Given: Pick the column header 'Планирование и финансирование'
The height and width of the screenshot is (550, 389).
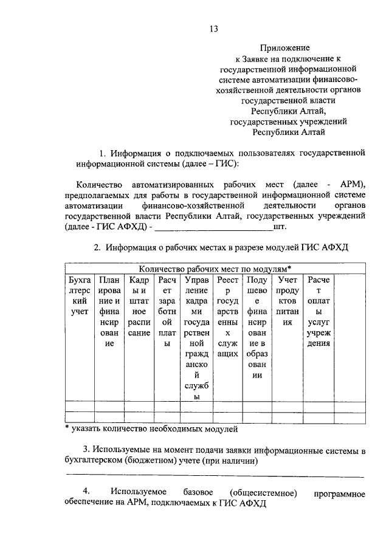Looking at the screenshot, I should [x=109, y=312].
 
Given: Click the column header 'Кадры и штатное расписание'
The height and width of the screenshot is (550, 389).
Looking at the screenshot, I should [x=139, y=307].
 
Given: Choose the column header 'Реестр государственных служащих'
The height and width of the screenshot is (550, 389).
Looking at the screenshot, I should [x=227, y=317].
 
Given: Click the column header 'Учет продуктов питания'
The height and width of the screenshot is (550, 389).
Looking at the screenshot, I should [x=287, y=301].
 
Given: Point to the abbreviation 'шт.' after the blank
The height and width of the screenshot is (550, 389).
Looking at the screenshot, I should [x=280, y=227].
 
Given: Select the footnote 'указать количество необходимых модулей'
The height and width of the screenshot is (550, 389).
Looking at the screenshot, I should [x=153, y=428].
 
